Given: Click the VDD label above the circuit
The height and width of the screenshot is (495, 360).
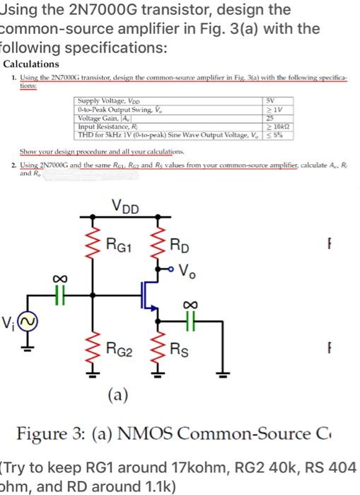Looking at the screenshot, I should [x=126, y=207].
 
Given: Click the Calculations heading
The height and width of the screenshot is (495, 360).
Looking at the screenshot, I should [x=30, y=64].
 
